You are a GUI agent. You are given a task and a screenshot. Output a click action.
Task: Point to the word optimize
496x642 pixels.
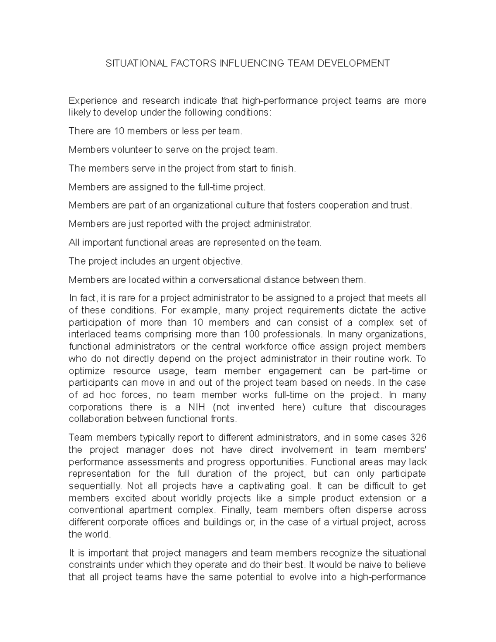[87, 371]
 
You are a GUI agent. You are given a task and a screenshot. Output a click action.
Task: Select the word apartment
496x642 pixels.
[149, 510]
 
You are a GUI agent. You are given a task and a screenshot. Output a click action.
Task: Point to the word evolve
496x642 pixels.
[303, 577]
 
